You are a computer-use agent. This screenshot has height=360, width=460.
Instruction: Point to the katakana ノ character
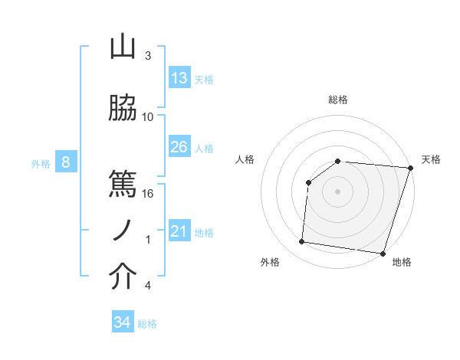[123, 230]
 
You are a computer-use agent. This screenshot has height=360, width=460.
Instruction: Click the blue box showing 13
[179, 78]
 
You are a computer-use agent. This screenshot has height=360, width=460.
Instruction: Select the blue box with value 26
[179, 147]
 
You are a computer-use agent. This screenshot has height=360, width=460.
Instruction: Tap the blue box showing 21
[179, 232]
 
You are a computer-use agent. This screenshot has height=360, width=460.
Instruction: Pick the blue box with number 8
[66, 162]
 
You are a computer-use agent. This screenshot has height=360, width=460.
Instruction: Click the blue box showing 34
[122, 322]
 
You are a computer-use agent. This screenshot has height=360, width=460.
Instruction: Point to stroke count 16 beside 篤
[148, 193]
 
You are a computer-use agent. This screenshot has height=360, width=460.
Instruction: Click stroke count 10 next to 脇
[148, 117]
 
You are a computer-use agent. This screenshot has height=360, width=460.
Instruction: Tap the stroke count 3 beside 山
[148, 56]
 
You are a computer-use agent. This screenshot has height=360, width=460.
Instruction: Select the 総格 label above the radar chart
[338, 100]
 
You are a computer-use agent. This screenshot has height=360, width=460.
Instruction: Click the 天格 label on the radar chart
[431, 159]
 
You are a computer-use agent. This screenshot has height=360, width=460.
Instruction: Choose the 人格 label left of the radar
[245, 159]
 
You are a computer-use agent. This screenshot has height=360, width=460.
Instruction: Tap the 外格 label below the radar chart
[270, 262]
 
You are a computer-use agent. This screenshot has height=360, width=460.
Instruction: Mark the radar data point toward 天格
[410, 168]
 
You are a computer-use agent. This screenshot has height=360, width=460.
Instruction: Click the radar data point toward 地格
[383, 254]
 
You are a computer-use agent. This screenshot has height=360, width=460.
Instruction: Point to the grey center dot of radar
[338, 191]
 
